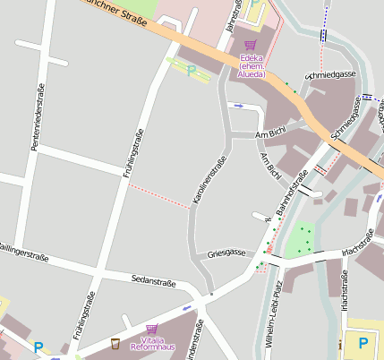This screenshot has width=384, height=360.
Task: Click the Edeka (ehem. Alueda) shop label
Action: pos(252,66)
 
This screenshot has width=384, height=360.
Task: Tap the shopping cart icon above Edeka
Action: pos(251,46)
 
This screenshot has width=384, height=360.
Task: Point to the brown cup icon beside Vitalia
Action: pos(115,343)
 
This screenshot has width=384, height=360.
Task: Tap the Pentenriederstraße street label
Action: pos(38,116)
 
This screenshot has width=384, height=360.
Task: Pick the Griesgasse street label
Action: pos(226,253)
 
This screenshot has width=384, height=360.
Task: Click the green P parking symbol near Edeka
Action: pos(191,69)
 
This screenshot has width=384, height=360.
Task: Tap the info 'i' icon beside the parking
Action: pos(340,344)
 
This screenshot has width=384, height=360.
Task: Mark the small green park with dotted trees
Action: pos(303,239)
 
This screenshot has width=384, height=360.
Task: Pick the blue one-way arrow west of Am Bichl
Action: pos(238,105)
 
